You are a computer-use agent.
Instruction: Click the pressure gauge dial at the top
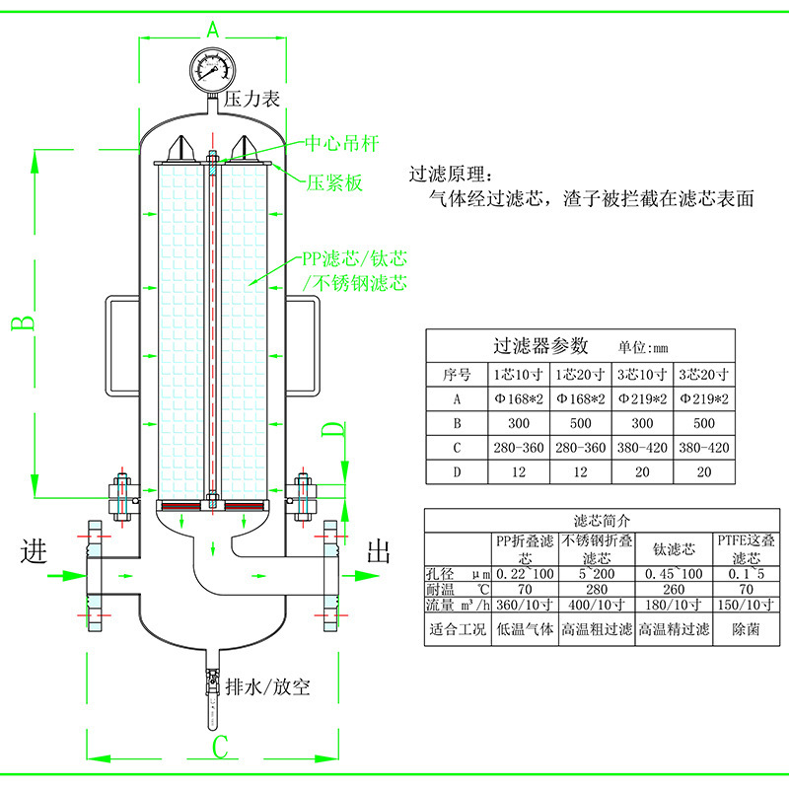tap(212, 69)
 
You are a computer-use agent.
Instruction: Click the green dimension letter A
tap(213, 30)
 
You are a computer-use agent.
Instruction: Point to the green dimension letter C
tap(220, 748)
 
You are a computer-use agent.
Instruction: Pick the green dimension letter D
tap(333, 431)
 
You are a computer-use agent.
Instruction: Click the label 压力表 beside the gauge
tap(251, 100)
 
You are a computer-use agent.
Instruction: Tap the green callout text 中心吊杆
tap(341, 144)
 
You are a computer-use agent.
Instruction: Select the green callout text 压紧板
tap(334, 183)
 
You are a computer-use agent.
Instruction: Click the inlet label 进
tap(34, 551)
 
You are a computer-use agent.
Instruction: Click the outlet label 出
tap(379, 551)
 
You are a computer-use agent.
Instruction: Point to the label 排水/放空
tap(267, 686)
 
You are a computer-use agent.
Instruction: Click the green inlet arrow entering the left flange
tap(67, 576)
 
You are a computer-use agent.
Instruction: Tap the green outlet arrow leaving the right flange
tap(359, 576)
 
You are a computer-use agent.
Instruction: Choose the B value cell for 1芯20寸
tap(580, 424)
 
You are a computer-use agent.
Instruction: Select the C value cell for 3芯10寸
tap(642, 448)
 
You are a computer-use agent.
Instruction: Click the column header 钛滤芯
tap(674, 549)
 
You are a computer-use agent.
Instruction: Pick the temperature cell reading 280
tap(597, 589)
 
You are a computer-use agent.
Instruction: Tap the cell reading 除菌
tap(746, 629)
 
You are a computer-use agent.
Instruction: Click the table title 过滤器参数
tap(540, 346)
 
